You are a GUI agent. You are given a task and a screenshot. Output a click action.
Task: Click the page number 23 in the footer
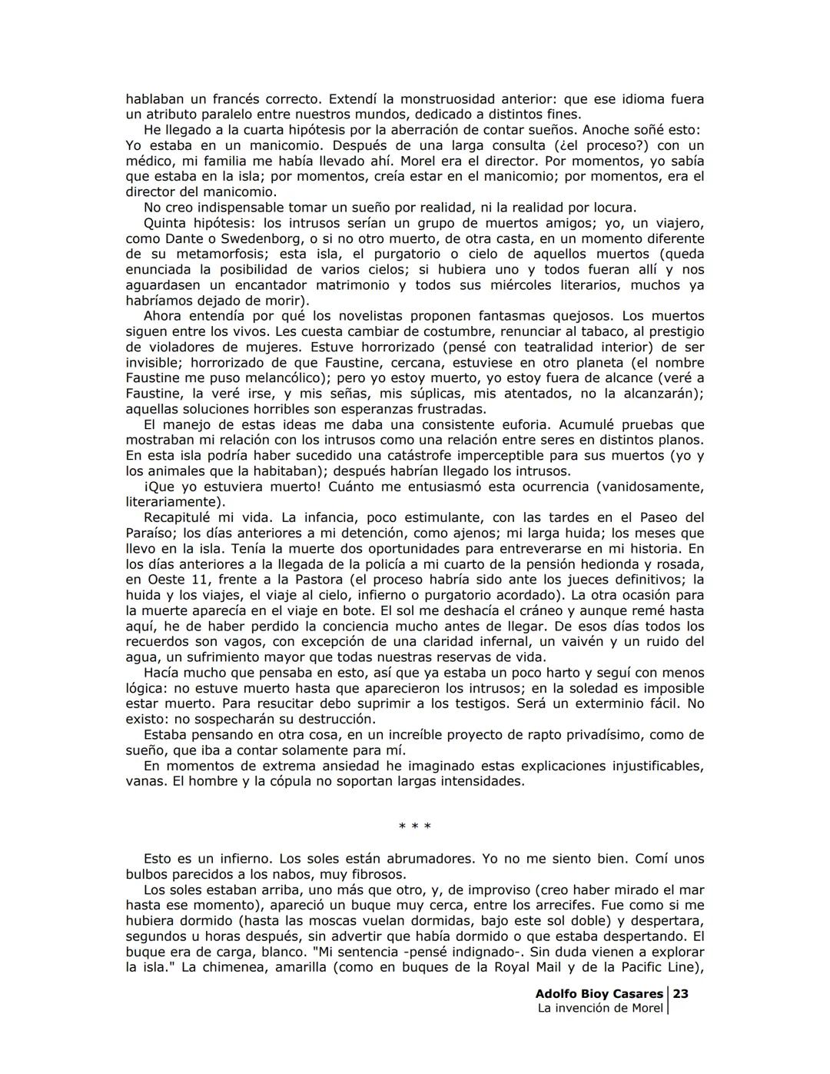click(x=681, y=993)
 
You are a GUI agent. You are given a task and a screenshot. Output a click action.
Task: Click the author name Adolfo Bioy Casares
click(x=599, y=993)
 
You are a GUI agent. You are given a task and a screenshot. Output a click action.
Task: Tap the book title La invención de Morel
click(x=599, y=1008)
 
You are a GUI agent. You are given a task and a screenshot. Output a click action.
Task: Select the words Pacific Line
click(x=655, y=967)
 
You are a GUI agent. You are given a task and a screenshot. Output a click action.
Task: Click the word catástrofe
click(x=415, y=455)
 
